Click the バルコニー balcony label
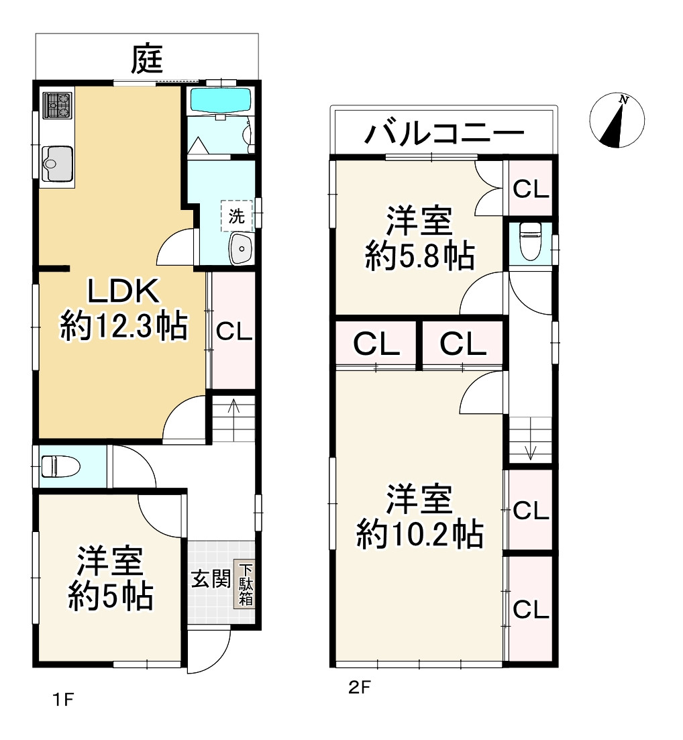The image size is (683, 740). pos(443,134)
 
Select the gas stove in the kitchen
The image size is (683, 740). pos(57,105)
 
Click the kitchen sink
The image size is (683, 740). pos(56,162)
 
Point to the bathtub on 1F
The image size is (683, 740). pos(220,101)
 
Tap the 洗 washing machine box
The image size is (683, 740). pos(236,216)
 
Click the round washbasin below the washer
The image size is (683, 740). pos(240,250)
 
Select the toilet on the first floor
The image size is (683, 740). pos(60,465)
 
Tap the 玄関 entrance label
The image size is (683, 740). pos(211,579)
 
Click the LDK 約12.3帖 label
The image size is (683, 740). pos(123,309)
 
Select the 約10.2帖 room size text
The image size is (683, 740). pos(419,535)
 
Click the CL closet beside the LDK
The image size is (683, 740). pos(233,331)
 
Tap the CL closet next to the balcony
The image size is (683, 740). pos(531,189)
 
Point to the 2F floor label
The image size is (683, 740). pos(359,687)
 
